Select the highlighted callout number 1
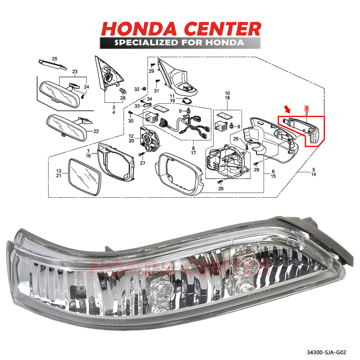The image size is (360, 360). (307, 108)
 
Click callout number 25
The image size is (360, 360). (54, 58)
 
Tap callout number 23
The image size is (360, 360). (75, 72)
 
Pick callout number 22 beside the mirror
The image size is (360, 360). (96, 131)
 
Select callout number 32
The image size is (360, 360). (137, 89)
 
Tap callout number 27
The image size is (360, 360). (142, 163)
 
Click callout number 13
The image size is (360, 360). (59, 171)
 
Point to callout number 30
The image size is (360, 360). (131, 121)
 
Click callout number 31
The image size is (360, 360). (156, 91)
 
